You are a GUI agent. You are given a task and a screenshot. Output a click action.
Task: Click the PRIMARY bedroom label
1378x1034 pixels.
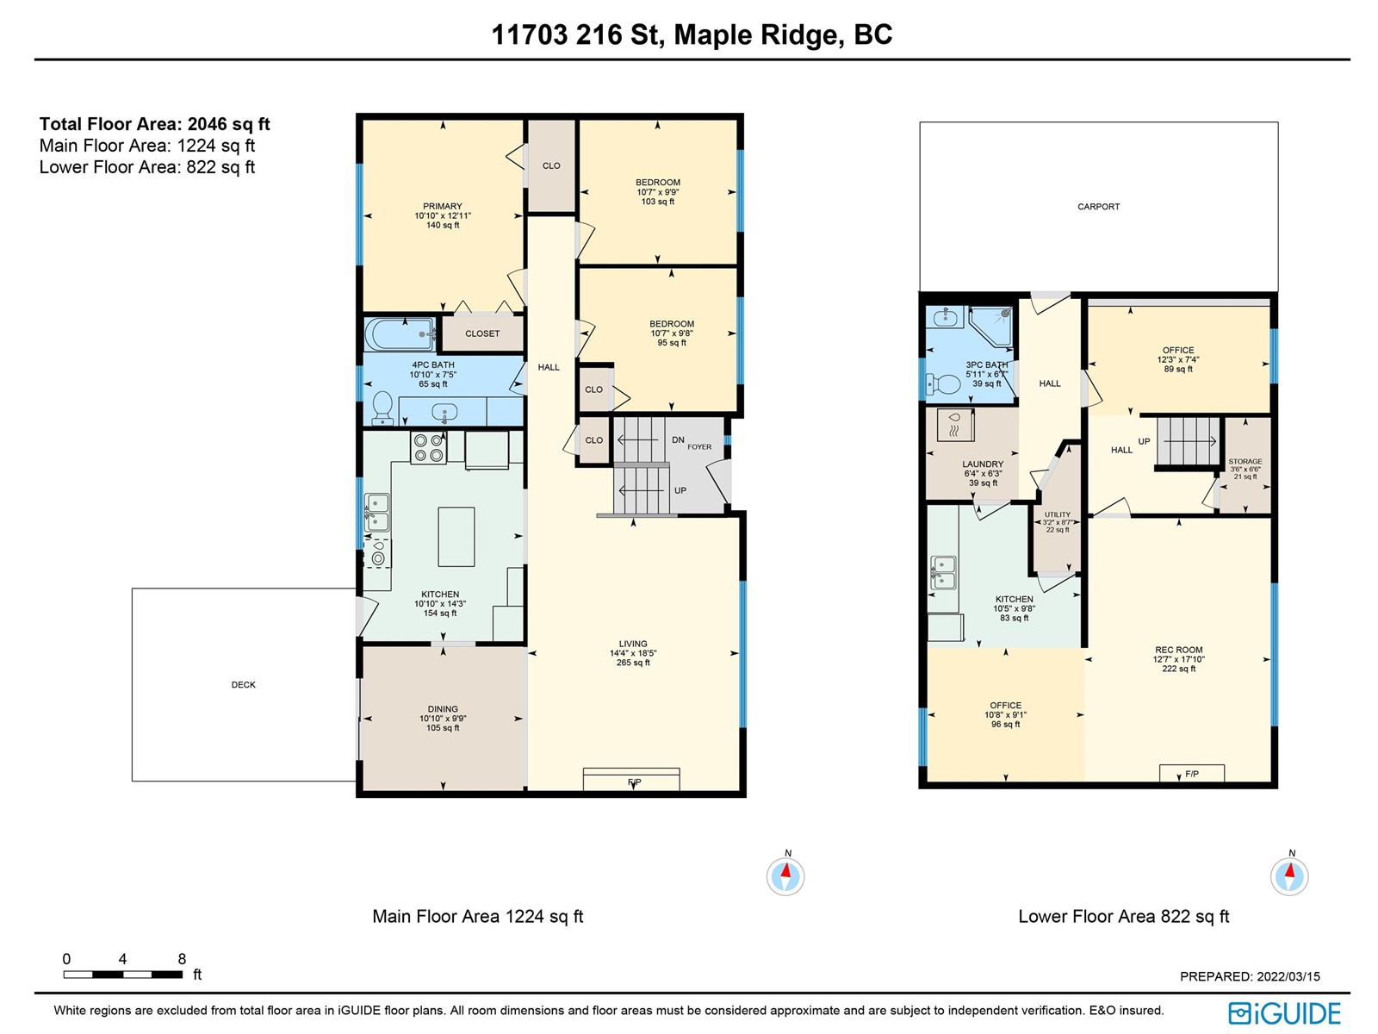coord(442,206)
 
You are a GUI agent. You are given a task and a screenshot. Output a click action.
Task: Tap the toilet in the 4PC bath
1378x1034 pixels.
coord(382,408)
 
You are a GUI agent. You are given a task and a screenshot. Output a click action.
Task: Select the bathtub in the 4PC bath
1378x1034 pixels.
coord(400,334)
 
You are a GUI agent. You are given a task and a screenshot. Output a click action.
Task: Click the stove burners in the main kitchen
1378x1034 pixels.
coord(428,447)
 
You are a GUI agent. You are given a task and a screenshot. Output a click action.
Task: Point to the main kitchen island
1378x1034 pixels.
coord(456,537)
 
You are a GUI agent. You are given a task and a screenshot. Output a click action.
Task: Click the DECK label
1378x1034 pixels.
coord(244,684)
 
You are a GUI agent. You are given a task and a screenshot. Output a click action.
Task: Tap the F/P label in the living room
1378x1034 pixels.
coord(634,782)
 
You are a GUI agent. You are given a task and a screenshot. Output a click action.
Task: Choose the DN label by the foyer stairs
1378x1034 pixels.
coord(678,440)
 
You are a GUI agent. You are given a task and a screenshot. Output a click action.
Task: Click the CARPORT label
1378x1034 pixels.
coord(1098,207)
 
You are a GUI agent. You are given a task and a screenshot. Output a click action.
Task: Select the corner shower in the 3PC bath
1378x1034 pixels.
coord(990,326)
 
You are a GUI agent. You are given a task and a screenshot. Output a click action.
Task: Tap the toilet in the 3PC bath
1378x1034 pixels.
coord(944,383)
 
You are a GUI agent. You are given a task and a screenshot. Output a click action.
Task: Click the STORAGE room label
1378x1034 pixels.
coord(1245,462)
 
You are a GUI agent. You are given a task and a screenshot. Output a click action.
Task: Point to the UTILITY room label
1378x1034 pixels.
coord(1058,514)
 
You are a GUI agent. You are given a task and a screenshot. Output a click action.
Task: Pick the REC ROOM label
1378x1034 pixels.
coord(1178,650)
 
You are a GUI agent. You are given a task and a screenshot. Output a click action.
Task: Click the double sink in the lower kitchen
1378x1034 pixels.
coord(942,572)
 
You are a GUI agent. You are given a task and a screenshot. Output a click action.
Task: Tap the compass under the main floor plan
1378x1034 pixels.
coord(785,875)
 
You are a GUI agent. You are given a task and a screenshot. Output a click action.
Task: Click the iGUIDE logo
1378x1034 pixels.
coord(1284,1013)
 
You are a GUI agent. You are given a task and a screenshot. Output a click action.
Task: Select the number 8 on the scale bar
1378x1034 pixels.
coord(182,959)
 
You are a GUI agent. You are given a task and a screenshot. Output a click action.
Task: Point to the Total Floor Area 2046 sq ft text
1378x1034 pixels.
coord(154,124)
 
